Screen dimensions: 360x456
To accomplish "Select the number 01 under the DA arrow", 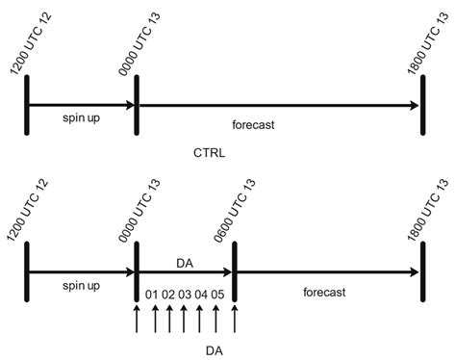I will click(150, 294).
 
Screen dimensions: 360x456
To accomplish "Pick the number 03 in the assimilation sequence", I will click(185, 294).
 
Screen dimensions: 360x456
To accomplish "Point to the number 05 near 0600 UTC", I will click(217, 294).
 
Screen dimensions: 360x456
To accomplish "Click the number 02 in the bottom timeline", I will click(167, 294).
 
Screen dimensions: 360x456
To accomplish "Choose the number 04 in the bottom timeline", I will click(201, 294).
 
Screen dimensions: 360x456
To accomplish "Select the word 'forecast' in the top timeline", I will click(253, 124).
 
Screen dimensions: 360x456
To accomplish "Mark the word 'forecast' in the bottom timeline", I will click(321, 291).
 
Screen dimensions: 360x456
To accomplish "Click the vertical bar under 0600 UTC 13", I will click(234, 272).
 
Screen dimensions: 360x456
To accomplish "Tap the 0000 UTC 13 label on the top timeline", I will click(142, 37).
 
